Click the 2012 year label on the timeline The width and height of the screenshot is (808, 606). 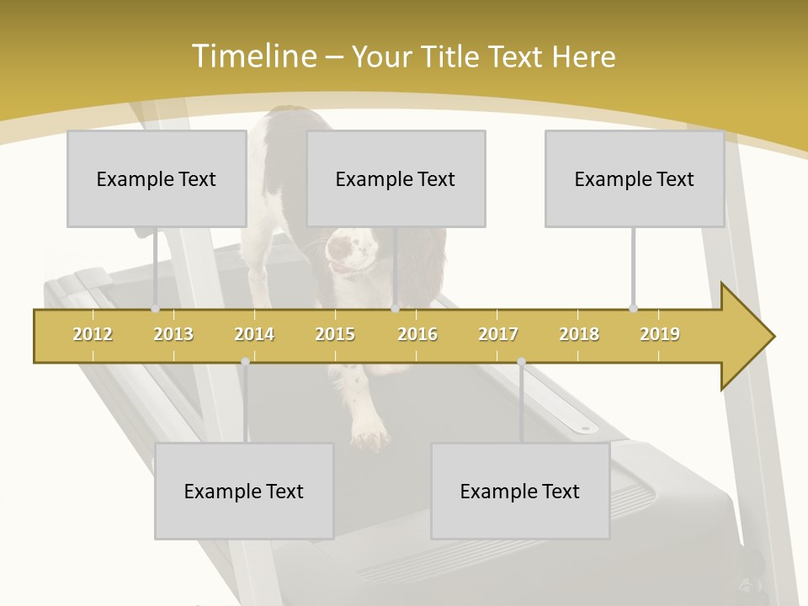click(93, 334)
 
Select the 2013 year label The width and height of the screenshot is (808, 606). click(173, 334)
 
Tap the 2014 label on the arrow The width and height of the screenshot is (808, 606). click(254, 334)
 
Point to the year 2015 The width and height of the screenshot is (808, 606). click(335, 334)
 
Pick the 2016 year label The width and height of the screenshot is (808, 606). click(417, 334)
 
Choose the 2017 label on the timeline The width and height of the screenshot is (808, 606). click(498, 334)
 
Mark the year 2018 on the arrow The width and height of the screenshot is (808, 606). click(579, 334)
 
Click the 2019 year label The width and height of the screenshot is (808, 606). click(660, 334)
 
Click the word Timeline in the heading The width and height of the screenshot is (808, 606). click(252, 56)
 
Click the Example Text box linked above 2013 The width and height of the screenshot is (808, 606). click(157, 179)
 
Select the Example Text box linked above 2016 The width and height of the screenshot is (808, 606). click(396, 179)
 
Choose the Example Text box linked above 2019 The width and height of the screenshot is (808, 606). click(635, 179)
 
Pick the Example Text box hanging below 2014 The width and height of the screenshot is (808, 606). click(244, 492)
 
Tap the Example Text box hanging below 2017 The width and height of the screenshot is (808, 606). click(520, 492)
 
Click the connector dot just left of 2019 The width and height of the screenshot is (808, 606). click(633, 308)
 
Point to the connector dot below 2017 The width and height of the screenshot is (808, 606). click(521, 362)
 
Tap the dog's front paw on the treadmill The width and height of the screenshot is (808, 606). click(369, 433)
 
